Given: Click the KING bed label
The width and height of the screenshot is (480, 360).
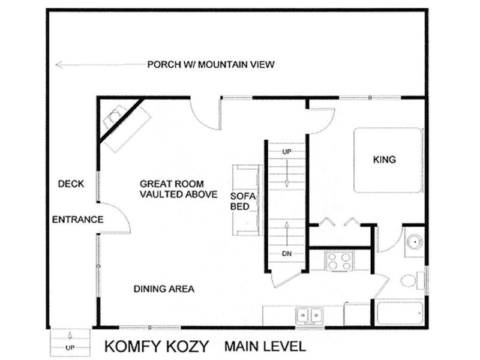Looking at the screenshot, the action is point(385,160).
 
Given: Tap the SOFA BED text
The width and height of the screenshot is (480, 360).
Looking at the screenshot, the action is point(243,202).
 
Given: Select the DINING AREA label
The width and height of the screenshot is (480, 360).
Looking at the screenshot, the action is point(164,289).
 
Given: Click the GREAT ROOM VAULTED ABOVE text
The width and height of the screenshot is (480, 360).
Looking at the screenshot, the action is point(178,189).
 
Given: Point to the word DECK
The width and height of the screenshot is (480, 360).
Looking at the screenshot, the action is point(71,184).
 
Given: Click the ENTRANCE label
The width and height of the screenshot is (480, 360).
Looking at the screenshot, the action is point(78,220).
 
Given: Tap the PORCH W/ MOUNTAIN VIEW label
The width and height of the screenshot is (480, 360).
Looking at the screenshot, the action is point(211,65).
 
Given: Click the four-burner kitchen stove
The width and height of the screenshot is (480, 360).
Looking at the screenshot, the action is point(340,261).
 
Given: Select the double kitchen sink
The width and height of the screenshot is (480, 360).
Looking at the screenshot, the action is point(309,316).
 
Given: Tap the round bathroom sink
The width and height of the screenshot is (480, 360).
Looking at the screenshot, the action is point(415,242).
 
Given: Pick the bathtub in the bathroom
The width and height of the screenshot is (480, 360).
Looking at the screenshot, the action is point(400,313).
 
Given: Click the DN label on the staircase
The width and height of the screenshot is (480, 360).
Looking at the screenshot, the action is point(287,254).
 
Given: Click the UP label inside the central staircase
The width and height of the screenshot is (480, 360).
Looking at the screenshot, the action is point(287,152).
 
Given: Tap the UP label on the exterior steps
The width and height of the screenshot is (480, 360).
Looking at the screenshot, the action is point(70,348).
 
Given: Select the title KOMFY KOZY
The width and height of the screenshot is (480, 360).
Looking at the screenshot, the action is point(157,346).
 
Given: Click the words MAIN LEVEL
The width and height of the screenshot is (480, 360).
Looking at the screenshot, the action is point(265,346).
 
